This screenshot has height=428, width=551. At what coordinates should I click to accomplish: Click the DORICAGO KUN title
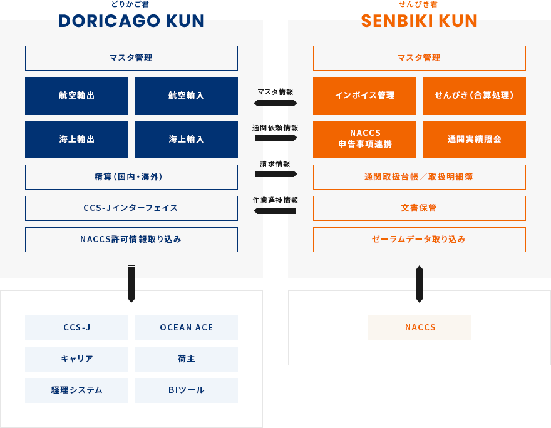click(131, 21)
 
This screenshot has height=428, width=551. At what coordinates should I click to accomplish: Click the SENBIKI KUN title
click(419, 21)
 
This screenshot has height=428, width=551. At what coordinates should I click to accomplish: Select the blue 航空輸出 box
click(76, 96)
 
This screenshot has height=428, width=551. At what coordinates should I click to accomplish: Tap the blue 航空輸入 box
click(186, 96)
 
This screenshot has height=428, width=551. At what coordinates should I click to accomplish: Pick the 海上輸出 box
click(76, 140)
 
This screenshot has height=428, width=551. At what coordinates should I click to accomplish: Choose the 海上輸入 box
click(186, 140)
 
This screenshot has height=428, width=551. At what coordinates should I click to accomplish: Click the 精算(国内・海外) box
click(131, 177)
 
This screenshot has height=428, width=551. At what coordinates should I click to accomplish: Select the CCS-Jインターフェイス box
click(131, 208)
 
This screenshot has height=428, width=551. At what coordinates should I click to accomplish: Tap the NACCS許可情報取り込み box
click(131, 240)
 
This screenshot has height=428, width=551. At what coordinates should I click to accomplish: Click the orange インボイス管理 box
click(364, 96)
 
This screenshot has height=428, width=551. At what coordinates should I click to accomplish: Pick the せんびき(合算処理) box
click(474, 96)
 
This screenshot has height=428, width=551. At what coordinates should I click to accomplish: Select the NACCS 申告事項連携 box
click(364, 140)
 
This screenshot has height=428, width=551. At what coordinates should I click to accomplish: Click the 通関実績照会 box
click(474, 140)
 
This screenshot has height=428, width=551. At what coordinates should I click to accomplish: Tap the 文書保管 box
click(419, 208)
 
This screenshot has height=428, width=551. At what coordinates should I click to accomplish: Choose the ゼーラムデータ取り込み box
click(419, 240)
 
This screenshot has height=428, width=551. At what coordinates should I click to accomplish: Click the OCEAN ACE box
click(186, 328)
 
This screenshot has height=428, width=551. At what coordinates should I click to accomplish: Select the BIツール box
click(186, 390)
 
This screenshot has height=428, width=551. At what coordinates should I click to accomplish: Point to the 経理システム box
click(76, 390)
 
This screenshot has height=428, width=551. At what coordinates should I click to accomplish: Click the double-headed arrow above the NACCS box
click(420, 284)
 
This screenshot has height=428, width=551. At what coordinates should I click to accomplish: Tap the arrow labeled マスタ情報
click(275, 103)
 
